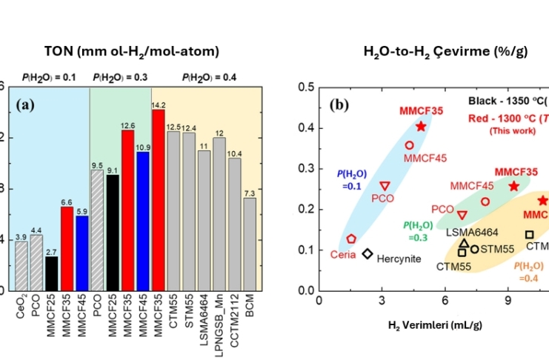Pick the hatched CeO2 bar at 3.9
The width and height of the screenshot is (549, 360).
(x=22, y=265)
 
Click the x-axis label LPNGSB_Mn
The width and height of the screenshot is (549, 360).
(x=219, y=319)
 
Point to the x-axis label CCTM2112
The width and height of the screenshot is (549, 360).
(x=235, y=317)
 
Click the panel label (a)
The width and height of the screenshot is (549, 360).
(x=29, y=104)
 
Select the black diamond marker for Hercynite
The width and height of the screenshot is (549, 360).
(x=367, y=254)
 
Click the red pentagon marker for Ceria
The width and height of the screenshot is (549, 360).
(x=352, y=239)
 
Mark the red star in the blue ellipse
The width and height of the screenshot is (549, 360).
(x=421, y=127)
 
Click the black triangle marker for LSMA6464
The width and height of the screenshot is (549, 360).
(x=464, y=243)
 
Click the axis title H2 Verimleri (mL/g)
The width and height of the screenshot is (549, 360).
(x=432, y=324)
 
